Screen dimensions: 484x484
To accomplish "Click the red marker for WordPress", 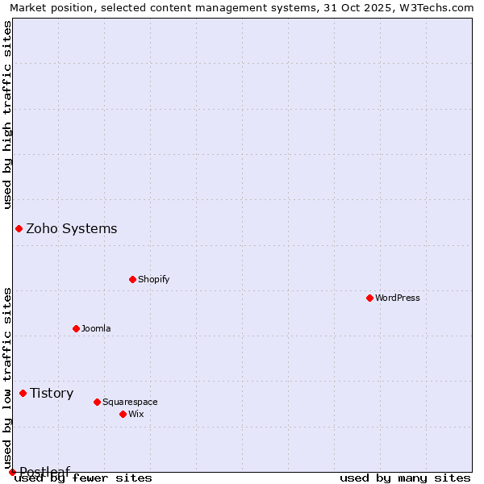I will tap(369, 298).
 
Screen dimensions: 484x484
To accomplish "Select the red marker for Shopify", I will tap(132, 279).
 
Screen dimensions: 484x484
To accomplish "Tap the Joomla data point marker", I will tap(76, 328).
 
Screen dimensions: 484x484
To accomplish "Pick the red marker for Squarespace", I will tap(97, 402).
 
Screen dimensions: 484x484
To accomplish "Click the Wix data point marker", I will tap(123, 414).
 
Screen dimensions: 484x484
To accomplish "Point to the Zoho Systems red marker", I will tap(19, 228).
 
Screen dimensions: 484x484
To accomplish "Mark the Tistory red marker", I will tap(23, 393).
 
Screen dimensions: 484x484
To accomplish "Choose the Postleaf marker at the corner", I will tap(12, 472).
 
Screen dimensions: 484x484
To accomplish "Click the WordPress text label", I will tap(398, 298).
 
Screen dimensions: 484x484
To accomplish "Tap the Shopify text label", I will tap(154, 279).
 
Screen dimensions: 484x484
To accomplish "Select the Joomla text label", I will tap(96, 328).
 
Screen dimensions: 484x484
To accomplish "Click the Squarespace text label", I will tap(130, 402).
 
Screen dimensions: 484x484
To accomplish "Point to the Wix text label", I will tap(136, 414).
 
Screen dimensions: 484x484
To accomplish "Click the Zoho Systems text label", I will tap(72, 228).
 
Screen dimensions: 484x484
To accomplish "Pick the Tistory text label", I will tap(52, 393).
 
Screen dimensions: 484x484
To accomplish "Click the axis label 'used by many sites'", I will tap(405, 478).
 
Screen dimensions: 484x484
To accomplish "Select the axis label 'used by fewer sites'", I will tap(84, 478).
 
